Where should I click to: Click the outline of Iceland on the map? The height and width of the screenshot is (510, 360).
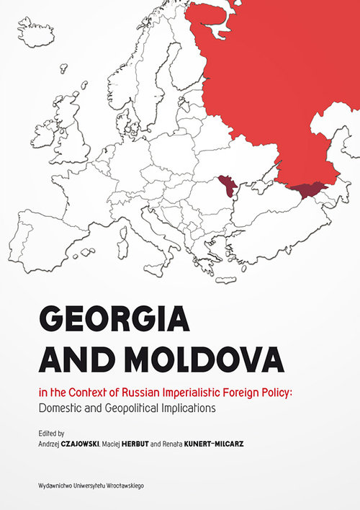(x=36, y=33)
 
